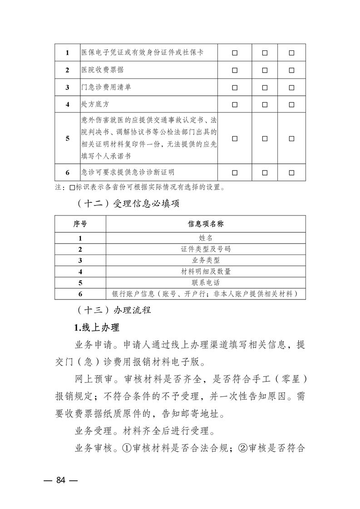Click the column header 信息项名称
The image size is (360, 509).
click(206, 224)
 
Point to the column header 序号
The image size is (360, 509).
click(80, 224)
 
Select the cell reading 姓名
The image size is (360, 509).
click(206, 238)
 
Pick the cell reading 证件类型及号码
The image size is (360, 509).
click(206, 249)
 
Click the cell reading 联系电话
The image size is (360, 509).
click(206, 283)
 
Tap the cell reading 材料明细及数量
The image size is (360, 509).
click(206, 271)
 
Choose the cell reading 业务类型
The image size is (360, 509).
click(206, 260)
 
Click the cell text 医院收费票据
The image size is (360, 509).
click(102, 70)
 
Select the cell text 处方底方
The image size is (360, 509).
click(95, 104)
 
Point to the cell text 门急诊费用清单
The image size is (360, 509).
click(106, 87)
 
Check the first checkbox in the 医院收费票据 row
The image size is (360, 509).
click(235, 70)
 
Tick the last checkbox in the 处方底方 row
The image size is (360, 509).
click(291, 104)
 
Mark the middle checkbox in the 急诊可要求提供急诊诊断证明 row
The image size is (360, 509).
click(265, 172)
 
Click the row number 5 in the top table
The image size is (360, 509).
click(67, 138)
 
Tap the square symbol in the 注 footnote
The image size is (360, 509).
click(71, 186)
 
